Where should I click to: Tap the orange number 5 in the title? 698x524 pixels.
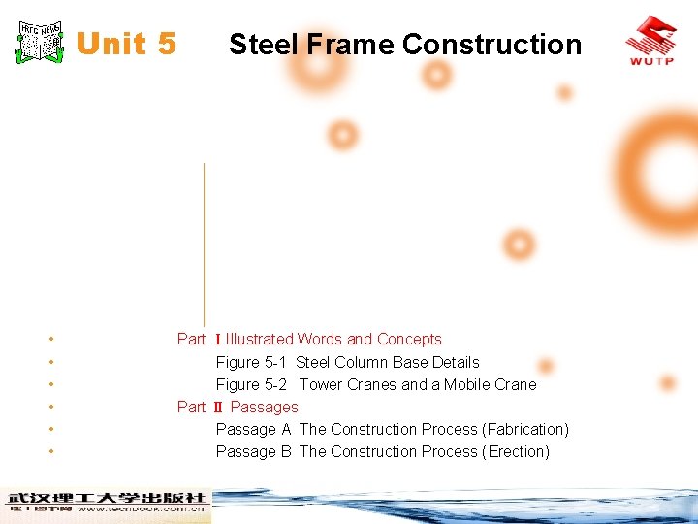pyautogui.click(x=165, y=44)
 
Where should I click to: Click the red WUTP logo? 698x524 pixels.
pyautogui.click(x=650, y=40)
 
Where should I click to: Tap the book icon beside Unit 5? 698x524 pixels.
pyautogui.click(x=41, y=42)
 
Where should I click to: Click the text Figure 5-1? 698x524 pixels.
pyautogui.click(x=251, y=362)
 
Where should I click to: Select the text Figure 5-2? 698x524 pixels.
pyautogui.click(x=251, y=384)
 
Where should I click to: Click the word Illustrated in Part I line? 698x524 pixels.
pyautogui.click(x=260, y=340)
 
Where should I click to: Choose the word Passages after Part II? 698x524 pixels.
pyautogui.click(x=265, y=407)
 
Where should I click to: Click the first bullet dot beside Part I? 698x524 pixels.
pyautogui.click(x=49, y=340)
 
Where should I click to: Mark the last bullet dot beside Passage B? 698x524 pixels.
pyautogui.click(x=49, y=452)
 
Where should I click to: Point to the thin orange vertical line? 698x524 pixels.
pyautogui.click(x=204, y=243)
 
